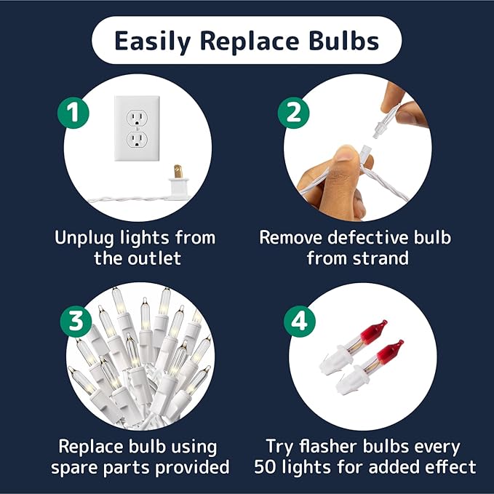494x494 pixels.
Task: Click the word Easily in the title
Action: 152,41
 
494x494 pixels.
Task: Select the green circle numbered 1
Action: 73,113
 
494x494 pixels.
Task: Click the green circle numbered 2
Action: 294,113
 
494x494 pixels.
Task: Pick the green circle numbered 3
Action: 76,322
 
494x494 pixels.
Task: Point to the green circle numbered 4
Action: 299,322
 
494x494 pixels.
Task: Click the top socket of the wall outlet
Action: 137,118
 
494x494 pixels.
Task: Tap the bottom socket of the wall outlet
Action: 137,140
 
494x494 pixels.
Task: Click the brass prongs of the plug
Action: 178,172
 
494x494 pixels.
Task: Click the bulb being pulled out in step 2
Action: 386,121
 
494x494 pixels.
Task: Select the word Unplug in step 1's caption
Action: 84,238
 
